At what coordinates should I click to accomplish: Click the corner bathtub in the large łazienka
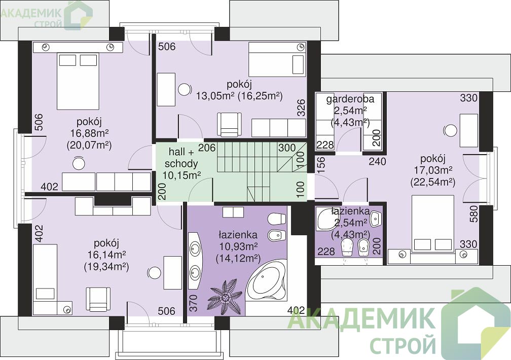(x=267, y=280)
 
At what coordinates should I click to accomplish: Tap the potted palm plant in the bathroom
(x=225, y=296)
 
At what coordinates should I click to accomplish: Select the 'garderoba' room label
(x=350, y=99)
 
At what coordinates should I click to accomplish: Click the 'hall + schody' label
(x=181, y=158)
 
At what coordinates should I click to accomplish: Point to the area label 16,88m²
(x=89, y=133)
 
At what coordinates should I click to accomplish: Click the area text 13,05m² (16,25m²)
(x=239, y=96)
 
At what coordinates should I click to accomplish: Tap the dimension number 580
(x=473, y=214)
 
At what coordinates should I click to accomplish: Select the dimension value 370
(x=193, y=303)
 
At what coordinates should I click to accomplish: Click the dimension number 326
(x=301, y=107)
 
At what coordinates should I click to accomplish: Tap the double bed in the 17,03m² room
(x=433, y=224)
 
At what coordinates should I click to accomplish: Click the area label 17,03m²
(x=433, y=170)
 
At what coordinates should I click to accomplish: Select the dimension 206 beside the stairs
(x=207, y=148)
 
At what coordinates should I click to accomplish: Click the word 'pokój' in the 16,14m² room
(x=106, y=243)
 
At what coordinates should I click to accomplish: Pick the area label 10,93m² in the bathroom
(x=238, y=246)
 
